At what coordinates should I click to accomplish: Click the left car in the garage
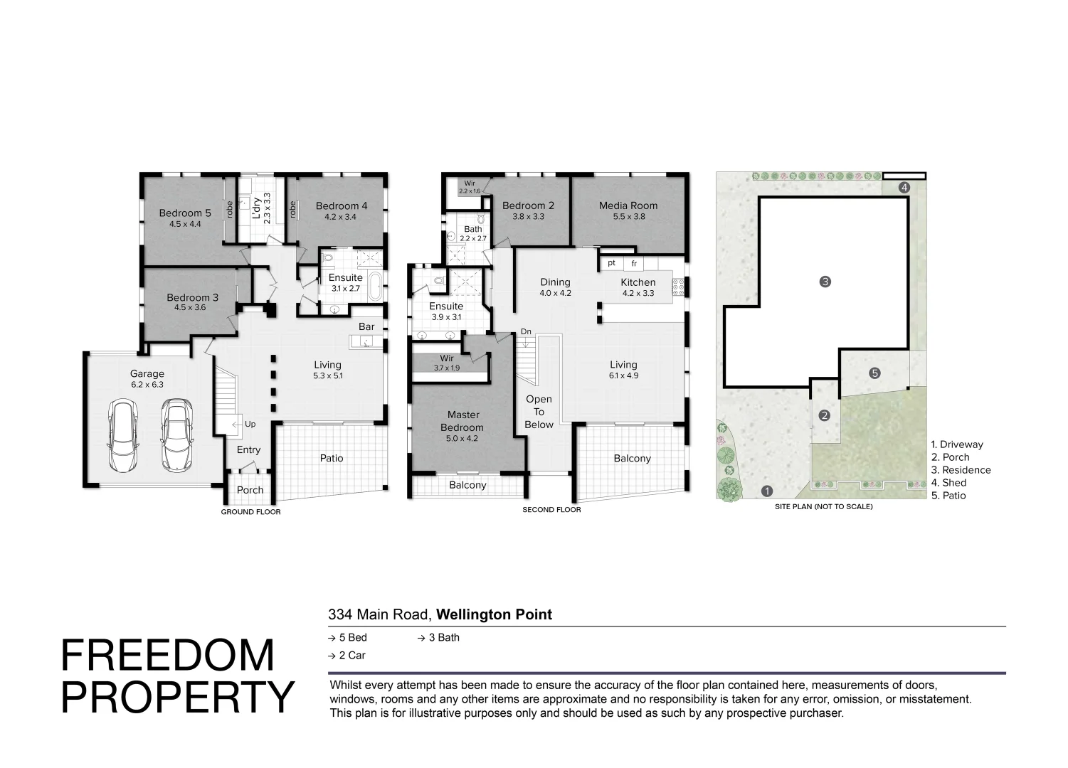click(124, 435)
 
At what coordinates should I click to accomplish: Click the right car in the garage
click(177, 435)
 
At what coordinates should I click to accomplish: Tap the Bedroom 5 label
click(185, 213)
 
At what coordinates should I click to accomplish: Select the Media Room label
click(628, 206)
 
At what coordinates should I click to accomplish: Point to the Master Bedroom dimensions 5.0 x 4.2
click(462, 438)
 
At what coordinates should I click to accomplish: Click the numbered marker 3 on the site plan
click(825, 282)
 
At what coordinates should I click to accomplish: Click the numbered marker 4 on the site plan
click(904, 187)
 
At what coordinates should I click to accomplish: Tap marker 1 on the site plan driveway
click(767, 490)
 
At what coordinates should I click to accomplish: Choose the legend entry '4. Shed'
click(948, 483)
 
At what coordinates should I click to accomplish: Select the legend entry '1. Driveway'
click(957, 444)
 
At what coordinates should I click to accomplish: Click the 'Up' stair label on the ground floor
click(250, 424)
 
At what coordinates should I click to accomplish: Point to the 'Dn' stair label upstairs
click(526, 331)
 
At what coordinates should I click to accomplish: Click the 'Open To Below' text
click(539, 412)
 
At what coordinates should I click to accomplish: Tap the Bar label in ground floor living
click(366, 326)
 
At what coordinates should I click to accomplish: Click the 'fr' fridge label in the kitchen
click(634, 263)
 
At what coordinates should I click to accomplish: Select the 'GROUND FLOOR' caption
click(250, 512)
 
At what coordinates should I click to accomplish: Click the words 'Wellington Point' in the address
click(494, 614)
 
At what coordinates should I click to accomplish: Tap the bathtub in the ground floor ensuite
click(375, 286)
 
